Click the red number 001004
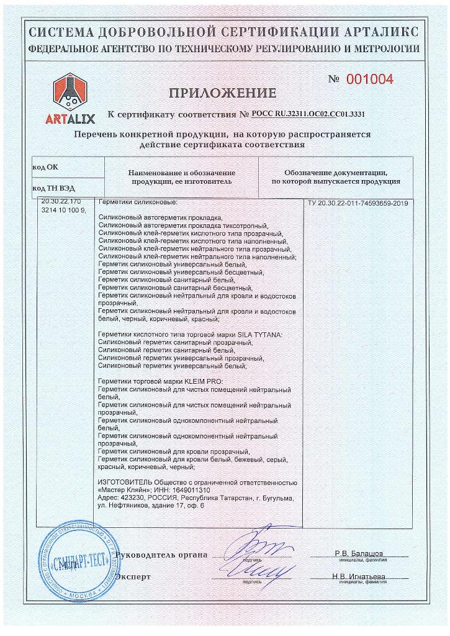tap(369, 79)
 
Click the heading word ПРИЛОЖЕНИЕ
tap(222, 94)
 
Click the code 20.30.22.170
tap(60, 203)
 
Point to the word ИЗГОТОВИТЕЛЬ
tap(125, 483)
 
